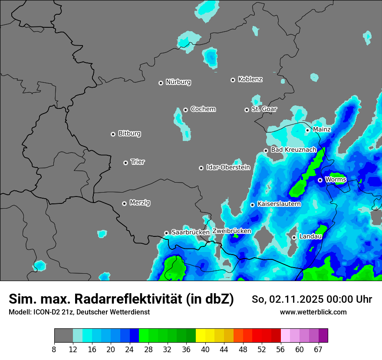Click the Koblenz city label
(x=250, y=79)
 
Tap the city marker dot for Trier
(x=126, y=163)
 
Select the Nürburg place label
(x=178, y=82)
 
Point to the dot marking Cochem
(x=185, y=110)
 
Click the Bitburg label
(x=129, y=134)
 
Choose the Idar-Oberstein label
(x=228, y=167)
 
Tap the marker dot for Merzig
(x=124, y=203)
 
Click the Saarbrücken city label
(x=190, y=232)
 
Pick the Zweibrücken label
(x=231, y=231)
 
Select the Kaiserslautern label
(x=279, y=204)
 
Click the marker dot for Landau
(x=294, y=237)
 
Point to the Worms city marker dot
(x=320, y=180)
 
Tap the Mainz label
(x=322, y=129)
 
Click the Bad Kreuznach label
(x=293, y=150)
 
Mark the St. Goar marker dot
(x=247, y=110)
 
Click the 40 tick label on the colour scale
(x=205, y=349)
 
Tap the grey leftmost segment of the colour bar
(x=63, y=336)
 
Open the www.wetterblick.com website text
(x=313, y=312)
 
